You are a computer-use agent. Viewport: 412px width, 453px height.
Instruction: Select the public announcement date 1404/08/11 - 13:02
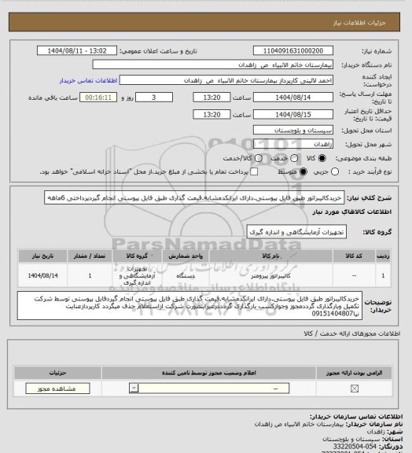(160, 50)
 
